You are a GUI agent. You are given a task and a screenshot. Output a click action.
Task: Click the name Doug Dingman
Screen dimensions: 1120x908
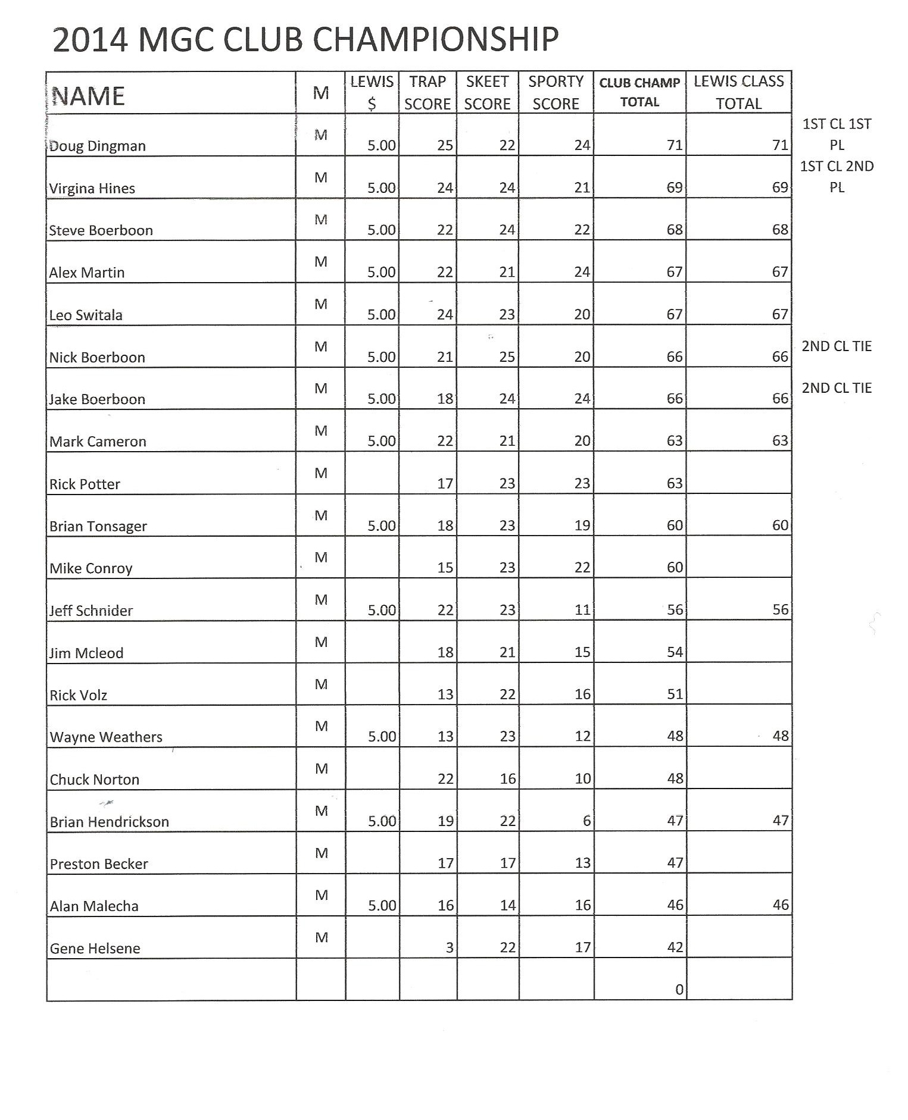point(97,146)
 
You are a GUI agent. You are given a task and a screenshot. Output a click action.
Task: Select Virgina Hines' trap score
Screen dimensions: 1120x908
point(445,188)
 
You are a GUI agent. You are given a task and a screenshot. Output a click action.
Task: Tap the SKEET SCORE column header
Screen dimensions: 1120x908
point(487,92)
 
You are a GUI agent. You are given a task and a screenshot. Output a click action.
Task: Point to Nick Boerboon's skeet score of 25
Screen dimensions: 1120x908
point(507,357)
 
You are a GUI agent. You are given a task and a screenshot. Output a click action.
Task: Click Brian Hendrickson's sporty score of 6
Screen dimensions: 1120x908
point(586,821)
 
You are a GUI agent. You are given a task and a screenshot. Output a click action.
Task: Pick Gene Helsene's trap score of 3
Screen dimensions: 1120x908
point(450,947)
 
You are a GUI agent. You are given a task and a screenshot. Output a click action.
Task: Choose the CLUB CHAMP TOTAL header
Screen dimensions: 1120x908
point(639,92)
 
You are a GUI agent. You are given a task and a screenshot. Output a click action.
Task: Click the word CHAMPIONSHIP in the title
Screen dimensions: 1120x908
point(435,40)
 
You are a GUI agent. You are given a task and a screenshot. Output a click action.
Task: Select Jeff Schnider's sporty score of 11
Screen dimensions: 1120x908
point(582,610)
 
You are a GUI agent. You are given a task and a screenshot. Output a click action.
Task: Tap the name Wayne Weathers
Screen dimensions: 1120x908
point(106,737)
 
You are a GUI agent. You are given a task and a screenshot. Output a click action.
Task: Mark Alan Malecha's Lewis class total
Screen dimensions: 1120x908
point(780,905)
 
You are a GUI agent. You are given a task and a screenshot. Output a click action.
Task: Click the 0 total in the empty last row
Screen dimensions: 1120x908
point(679,990)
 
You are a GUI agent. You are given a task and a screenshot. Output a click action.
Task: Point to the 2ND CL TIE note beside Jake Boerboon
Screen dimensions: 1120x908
point(836,388)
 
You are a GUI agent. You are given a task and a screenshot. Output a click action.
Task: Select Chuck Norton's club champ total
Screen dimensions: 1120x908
point(675,778)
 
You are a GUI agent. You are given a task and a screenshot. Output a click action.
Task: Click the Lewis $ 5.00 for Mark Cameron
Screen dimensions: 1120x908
point(381,441)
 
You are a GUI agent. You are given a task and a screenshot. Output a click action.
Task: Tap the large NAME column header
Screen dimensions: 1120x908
point(89,96)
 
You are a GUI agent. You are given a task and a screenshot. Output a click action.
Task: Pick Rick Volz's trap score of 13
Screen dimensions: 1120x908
point(445,694)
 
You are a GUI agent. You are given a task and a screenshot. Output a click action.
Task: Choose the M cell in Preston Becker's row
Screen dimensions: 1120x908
point(321,853)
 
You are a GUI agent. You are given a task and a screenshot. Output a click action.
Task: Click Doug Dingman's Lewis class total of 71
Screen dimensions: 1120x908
point(780,145)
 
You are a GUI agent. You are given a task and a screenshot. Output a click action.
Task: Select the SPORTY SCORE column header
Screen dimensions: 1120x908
point(556,92)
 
